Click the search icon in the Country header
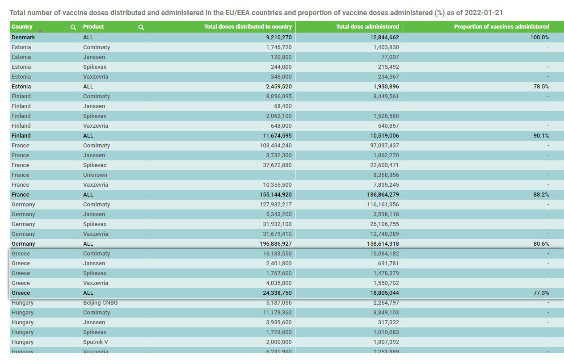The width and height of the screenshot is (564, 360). point(73,27)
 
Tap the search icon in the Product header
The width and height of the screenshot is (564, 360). point(141,27)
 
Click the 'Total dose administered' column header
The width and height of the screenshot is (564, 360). point(368,27)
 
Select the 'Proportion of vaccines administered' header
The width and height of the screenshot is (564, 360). point(501,27)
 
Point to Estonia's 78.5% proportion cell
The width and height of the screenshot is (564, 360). point(541,87)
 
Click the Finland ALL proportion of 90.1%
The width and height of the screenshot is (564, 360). point(541,136)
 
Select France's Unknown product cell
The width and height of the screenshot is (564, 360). point(95,175)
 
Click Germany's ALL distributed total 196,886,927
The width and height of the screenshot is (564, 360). point(275,243)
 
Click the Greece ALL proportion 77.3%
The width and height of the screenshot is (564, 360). point(541,293)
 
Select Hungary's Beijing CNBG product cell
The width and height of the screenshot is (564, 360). point(100,303)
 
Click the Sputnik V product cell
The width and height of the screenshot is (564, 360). point(96,342)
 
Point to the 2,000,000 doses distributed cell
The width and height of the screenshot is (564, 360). point(279,342)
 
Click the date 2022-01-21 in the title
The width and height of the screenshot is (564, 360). point(484,13)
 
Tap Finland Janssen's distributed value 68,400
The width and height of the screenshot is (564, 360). point(283,106)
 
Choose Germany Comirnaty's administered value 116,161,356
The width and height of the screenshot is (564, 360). point(383,204)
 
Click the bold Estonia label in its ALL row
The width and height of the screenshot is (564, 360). point(21,87)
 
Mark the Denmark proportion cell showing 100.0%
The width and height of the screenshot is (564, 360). point(539,38)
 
